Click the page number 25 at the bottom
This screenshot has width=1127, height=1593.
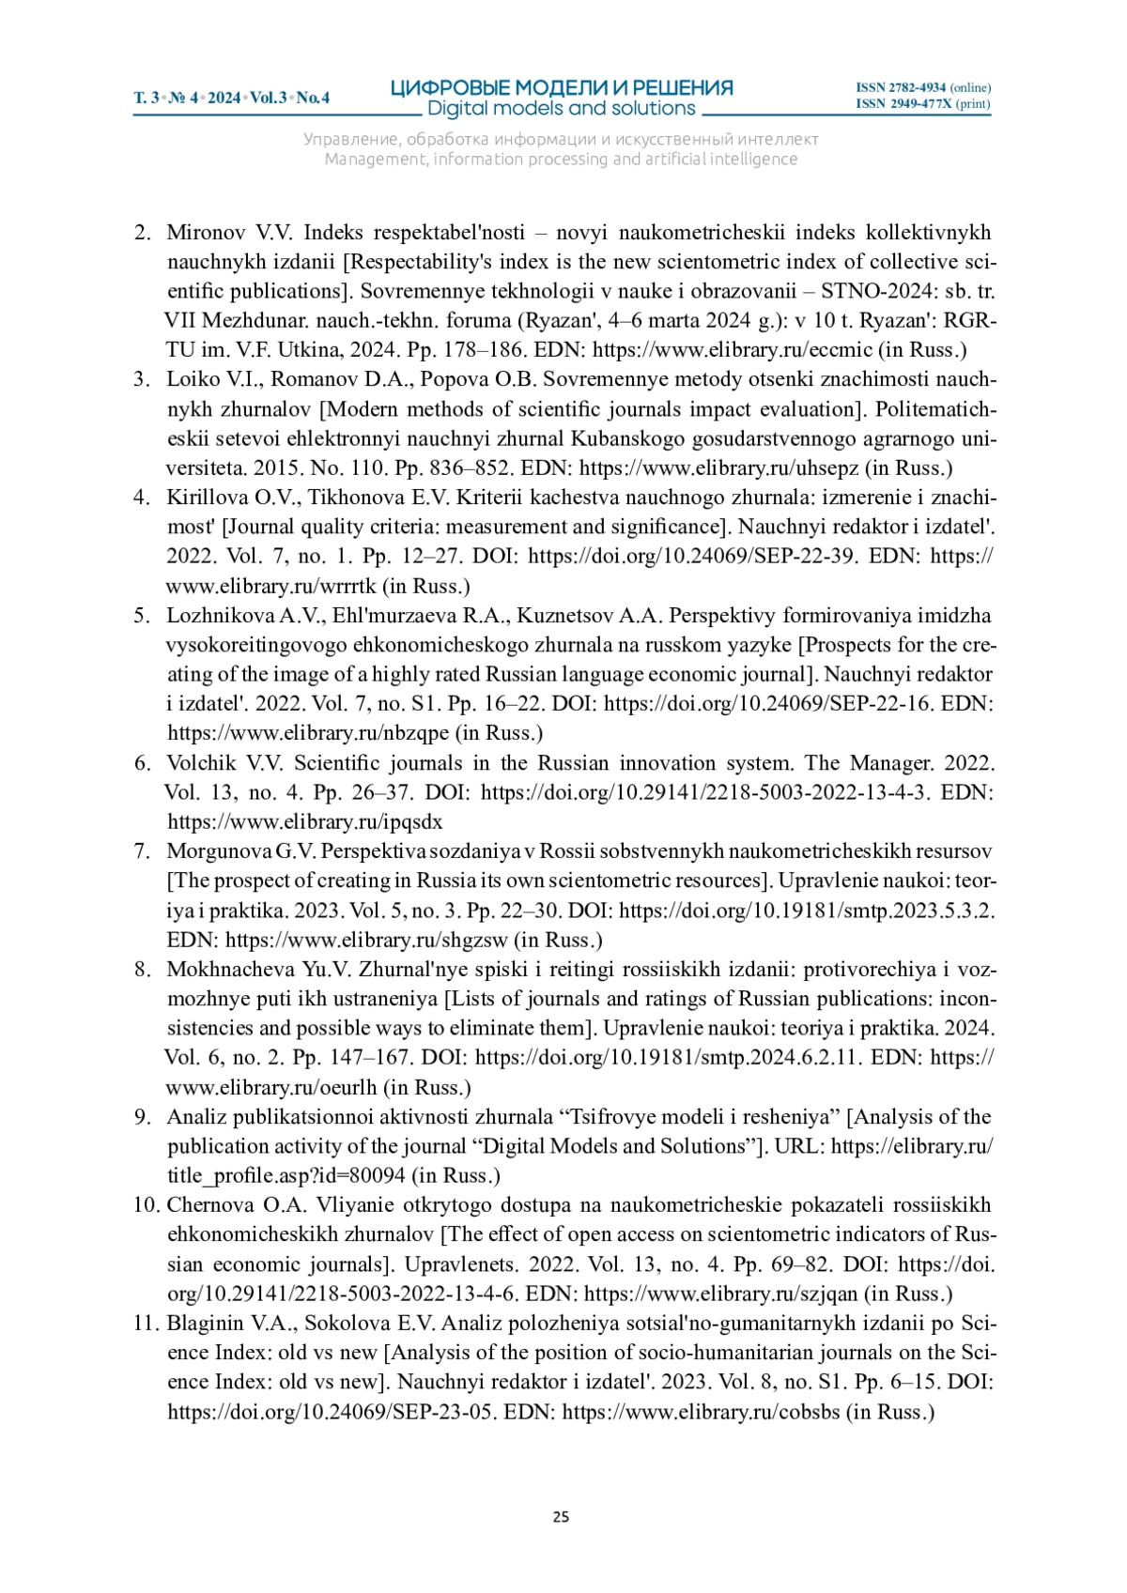coord(561,1517)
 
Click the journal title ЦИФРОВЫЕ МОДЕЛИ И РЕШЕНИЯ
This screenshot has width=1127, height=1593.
coord(562,88)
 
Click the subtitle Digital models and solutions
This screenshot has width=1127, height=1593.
coord(562,109)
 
